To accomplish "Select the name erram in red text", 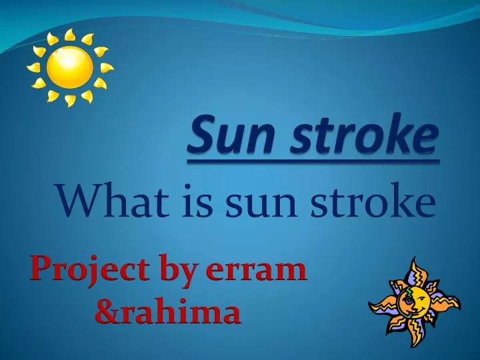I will coord(256,272).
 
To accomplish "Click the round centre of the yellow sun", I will coord(70,67).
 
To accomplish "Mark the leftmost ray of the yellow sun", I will coord(33,68).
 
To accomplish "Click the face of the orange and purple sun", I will coord(413,301).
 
